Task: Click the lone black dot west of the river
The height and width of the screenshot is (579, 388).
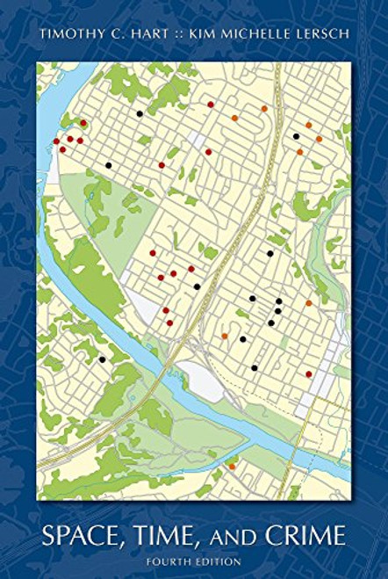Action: click(x=102, y=359)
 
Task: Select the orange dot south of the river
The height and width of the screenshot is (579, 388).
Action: click(x=232, y=467)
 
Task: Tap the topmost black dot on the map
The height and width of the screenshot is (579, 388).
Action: click(x=139, y=113)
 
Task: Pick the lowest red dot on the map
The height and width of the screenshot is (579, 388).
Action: click(x=308, y=374)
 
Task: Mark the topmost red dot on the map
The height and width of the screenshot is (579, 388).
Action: click(x=211, y=105)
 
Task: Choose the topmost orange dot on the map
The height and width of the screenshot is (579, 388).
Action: click(x=263, y=108)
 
